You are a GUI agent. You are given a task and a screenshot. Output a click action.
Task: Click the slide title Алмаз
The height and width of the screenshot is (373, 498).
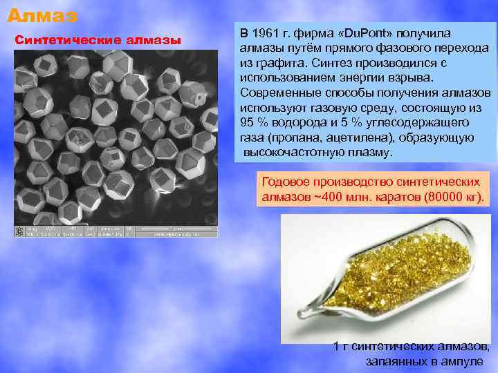(43, 14)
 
